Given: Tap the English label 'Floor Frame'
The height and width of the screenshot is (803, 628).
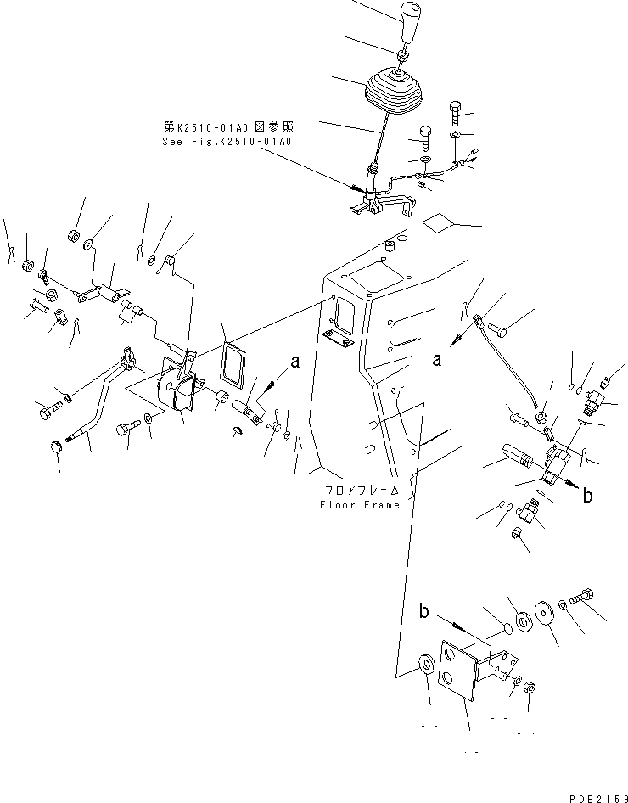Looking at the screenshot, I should point(359,505).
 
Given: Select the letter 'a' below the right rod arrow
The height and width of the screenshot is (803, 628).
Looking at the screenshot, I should point(438,360).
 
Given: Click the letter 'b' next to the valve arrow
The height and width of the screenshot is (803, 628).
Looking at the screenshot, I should point(587,497).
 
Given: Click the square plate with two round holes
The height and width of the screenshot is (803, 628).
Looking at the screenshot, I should point(457,671).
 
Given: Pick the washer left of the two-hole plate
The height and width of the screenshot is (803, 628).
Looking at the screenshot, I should point(423,663).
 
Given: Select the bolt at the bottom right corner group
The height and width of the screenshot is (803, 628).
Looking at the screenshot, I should point(581,599).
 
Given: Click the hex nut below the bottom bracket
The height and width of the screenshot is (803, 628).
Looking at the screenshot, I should point(527,687).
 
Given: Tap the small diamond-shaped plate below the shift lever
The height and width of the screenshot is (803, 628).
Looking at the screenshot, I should point(440,222).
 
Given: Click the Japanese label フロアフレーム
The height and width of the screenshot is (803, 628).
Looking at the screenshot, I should point(359,491).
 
